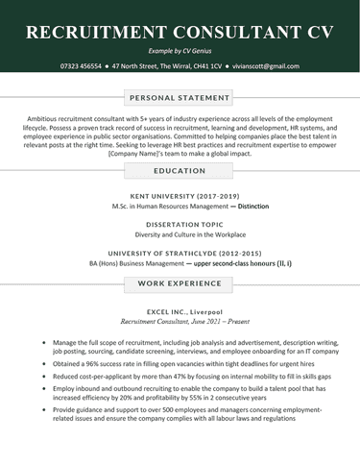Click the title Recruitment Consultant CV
(x=180, y=31)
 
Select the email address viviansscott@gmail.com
(x=265, y=66)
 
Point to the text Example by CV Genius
(x=180, y=49)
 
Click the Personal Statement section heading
(x=180, y=98)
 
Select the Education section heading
(x=180, y=170)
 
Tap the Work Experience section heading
(x=180, y=284)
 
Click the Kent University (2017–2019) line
(x=180, y=195)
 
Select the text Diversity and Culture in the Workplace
(x=180, y=234)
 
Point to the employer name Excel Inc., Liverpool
(x=180, y=312)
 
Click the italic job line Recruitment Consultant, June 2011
(x=180, y=323)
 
